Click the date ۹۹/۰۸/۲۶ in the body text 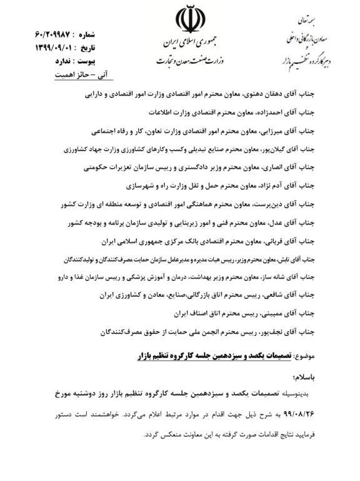coord(322,413)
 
